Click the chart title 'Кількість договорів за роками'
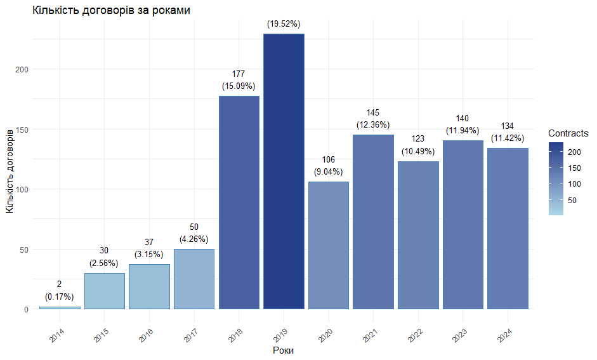[111, 11]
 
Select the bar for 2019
[284, 171]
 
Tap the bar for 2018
[239, 203]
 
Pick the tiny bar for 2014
[60, 308]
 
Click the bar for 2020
[329, 245]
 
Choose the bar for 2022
[418, 235]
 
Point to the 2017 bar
[194, 279]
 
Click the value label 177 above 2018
[239, 74]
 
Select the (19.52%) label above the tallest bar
[283, 23]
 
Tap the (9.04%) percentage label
[328, 171]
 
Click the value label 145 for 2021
[373, 112]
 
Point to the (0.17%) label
[60, 297]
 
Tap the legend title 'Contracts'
[568, 133]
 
